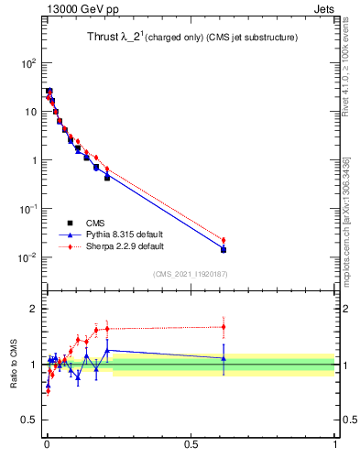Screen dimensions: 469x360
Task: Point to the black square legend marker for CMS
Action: pyautogui.click(x=70, y=223)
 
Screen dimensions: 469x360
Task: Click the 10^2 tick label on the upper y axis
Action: pyautogui.click(x=28, y=63)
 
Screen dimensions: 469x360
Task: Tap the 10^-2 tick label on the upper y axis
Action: pyautogui.click(x=28, y=257)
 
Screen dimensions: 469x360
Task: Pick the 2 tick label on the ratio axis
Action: pyautogui.click(x=35, y=309)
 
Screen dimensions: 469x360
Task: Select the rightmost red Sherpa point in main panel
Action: pyautogui.click(x=224, y=240)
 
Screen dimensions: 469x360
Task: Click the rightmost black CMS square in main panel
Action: pyautogui.click(x=224, y=249)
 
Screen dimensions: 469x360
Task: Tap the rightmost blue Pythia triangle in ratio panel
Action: pyautogui.click(x=224, y=358)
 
